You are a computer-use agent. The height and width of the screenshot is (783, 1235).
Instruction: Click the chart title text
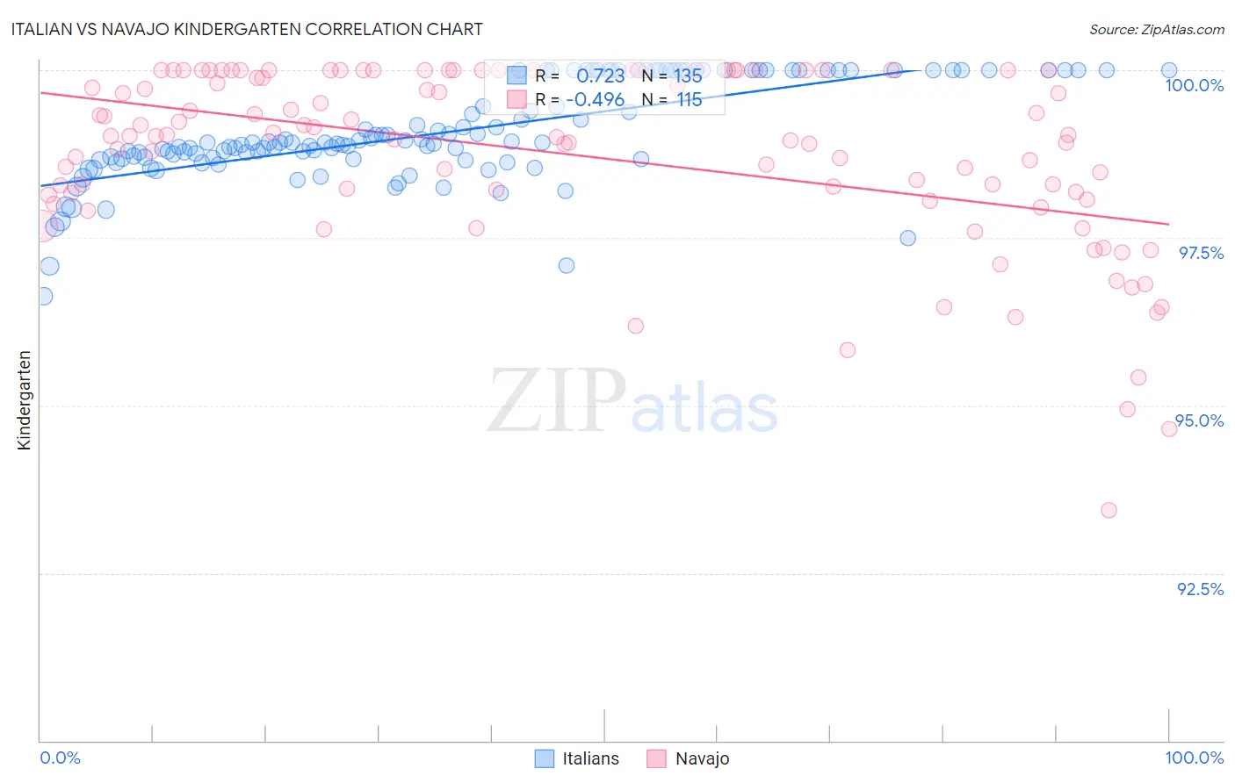246,29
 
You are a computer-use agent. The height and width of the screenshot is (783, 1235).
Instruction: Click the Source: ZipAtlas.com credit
1156,30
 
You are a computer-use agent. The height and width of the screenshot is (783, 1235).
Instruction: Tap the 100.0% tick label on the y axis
1194,85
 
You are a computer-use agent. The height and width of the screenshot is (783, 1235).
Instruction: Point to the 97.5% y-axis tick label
1201,253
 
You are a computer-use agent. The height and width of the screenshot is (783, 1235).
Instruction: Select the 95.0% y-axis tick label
1200,420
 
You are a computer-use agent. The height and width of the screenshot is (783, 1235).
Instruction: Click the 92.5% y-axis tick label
1200,589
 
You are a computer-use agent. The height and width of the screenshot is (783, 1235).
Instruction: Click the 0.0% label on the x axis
60,758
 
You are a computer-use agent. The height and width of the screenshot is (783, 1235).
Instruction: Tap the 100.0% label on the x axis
1194,758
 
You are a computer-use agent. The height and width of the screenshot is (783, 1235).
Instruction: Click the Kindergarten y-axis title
25,400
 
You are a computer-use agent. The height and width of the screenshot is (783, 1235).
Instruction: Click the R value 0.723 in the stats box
600,76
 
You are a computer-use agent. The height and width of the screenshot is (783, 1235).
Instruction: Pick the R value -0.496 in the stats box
595,100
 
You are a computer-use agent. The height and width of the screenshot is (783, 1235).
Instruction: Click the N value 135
689,76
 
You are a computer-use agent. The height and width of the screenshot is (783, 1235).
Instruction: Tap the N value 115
689,100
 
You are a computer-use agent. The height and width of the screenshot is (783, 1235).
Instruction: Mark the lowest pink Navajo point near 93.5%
1109,510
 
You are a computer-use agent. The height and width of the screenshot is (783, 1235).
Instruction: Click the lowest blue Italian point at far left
43,296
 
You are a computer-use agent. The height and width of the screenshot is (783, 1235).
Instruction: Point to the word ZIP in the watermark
557,401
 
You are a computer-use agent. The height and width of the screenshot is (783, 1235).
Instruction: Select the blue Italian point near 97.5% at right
907,238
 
